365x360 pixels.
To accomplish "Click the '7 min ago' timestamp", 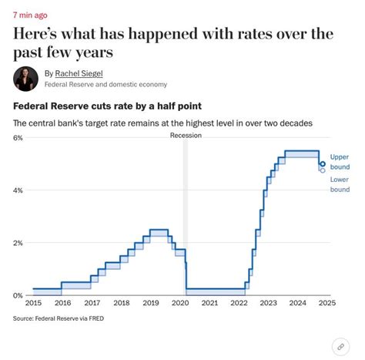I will click(30, 15).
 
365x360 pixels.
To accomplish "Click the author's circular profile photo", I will click(26, 78).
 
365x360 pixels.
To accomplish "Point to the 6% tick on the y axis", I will click(18, 137).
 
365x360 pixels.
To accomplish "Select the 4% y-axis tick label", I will click(18, 190).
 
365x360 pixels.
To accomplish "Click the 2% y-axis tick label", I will click(18, 243).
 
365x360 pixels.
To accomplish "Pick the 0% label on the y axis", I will click(18, 295).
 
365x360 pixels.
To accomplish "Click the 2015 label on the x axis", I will click(33, 304).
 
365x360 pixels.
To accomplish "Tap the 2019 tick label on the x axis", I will click(151, 304).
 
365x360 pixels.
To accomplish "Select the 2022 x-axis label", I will click(239, 304).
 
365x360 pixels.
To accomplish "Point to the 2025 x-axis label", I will click(327, 304).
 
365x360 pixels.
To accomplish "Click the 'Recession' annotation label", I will click(185, 136).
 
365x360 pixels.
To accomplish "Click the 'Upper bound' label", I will click(340, 162).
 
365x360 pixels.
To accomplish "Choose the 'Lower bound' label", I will click(340, 184).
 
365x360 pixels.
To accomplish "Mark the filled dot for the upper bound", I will click(322, 163).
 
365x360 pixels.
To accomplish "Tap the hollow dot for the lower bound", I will click(322, 170).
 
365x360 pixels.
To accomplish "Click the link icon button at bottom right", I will click(340, 346).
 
